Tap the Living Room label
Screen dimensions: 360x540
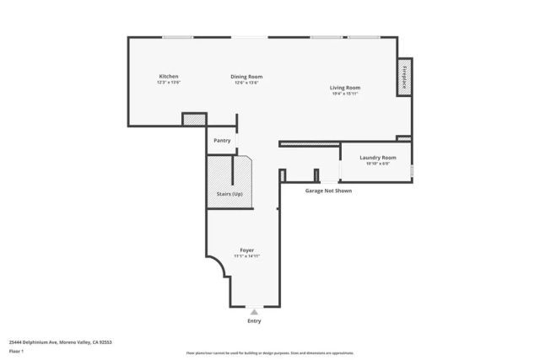[x=345, y=87]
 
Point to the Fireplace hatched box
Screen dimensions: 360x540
[x=404, y=77]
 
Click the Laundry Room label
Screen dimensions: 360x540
[x=377, y=158]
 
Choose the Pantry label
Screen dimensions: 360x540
[x=222, y=141]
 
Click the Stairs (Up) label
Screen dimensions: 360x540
[x=220, y=195]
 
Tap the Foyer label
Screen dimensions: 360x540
[x=247, y=250]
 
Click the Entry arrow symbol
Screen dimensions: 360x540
[x=254, y=311]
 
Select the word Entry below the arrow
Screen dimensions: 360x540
[x=254, y=320]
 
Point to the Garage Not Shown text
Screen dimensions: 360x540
[x=328, y=191]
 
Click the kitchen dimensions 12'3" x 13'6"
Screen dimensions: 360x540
[x=169, y=83]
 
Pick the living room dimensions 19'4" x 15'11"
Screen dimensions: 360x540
[x=345, y=93]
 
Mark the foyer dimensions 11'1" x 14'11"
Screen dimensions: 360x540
[x=247, y=256]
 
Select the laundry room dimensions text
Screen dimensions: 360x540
[x=377, y=164]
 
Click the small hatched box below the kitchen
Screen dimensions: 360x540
[x=194, y=120]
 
